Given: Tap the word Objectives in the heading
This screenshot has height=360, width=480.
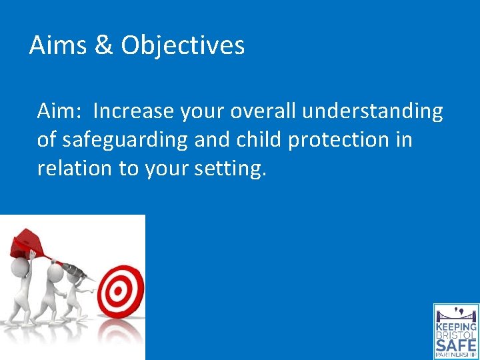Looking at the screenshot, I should pyautogui.click(x=183, y=45).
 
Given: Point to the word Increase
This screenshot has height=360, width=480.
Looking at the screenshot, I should pyautogui.click(x=134, y=111).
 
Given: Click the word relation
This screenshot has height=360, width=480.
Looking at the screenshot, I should pyautogui.click(x=75, y=168).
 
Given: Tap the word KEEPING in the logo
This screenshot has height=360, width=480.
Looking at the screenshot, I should pyautogui.click(x=456, y=327).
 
